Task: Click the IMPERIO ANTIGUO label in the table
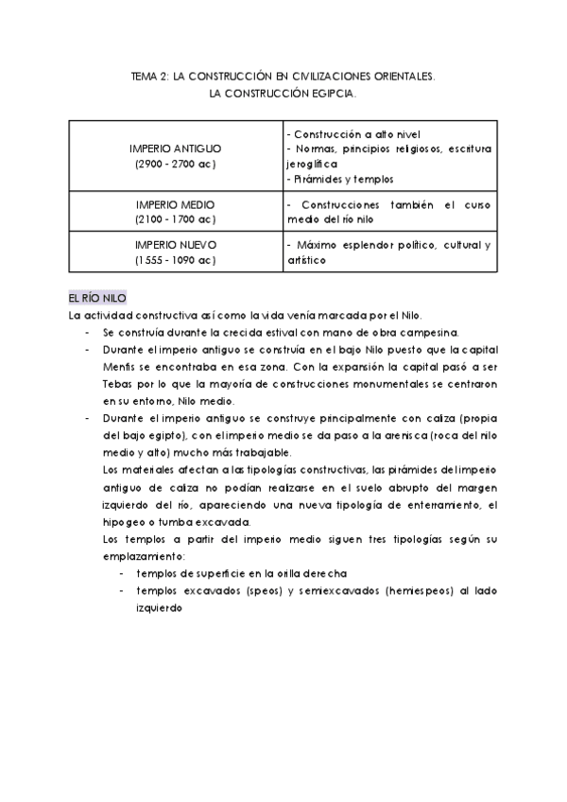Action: (x=176, y=149)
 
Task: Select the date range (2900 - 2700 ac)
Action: (x=176, y=165)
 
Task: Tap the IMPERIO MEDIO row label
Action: (x=176, y=204)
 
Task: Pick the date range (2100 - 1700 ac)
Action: (x=176, y=219)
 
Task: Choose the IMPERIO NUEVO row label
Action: (x=176, y=244)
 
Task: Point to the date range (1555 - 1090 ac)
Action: (x=176, y=259)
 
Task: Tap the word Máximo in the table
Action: (x=318, y=245)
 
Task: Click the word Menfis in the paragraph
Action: (x=119, y=368)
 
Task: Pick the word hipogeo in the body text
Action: (x=125, y=522)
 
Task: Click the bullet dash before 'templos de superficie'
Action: (x=122, y=573)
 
